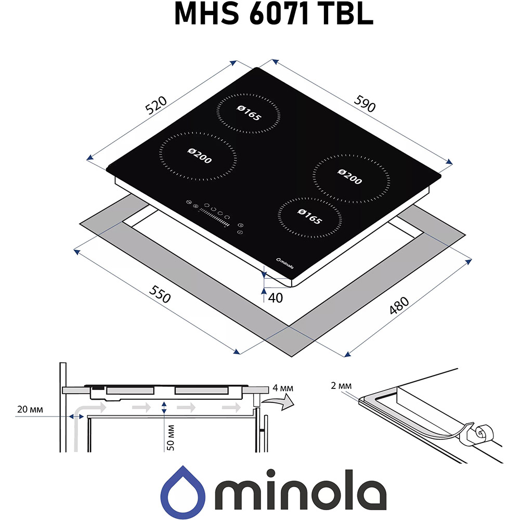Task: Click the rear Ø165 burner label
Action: (248, 112)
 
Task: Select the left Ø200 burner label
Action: (199, 155)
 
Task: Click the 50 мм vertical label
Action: (172, 437)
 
